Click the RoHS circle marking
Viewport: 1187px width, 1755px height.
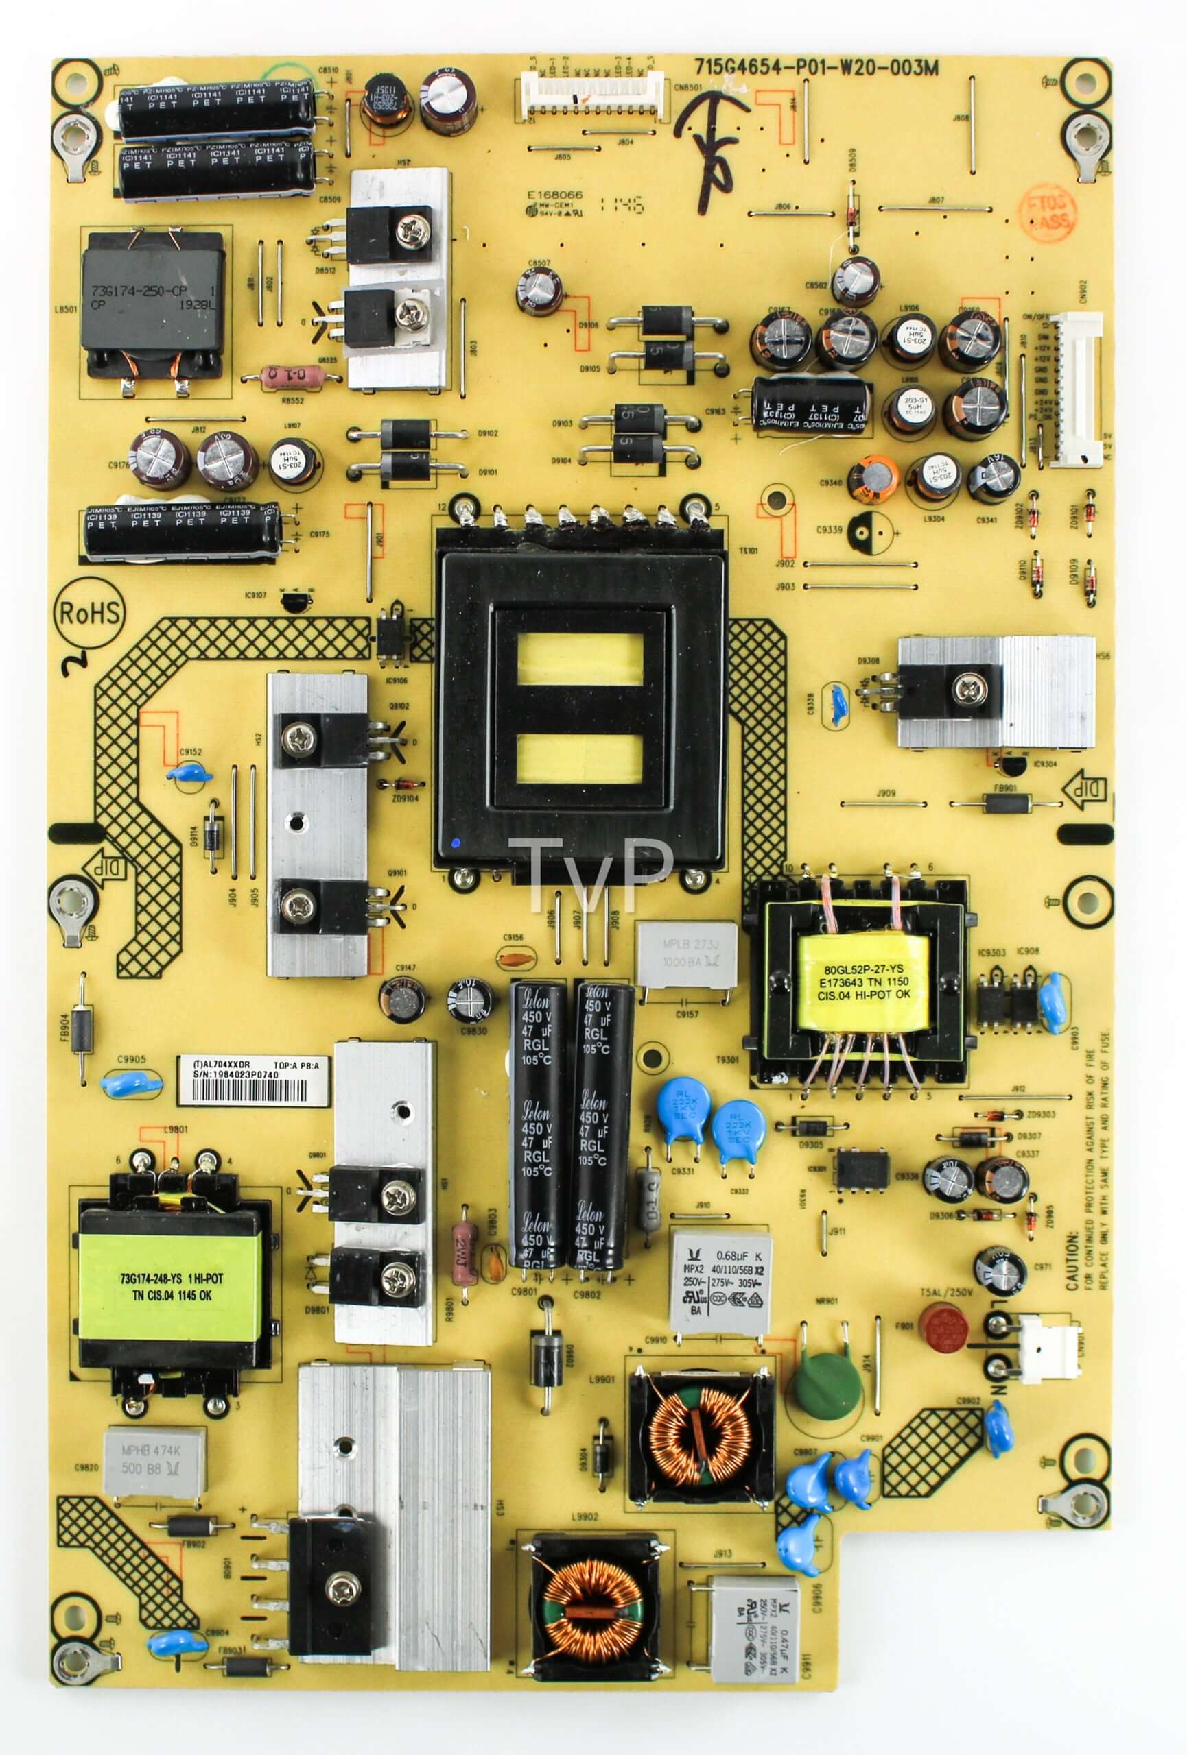pos(89,612)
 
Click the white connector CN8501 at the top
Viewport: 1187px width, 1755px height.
pos(591,97)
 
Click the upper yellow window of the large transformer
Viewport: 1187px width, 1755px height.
pos(580,659)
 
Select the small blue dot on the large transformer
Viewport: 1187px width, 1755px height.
pos(454,842)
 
